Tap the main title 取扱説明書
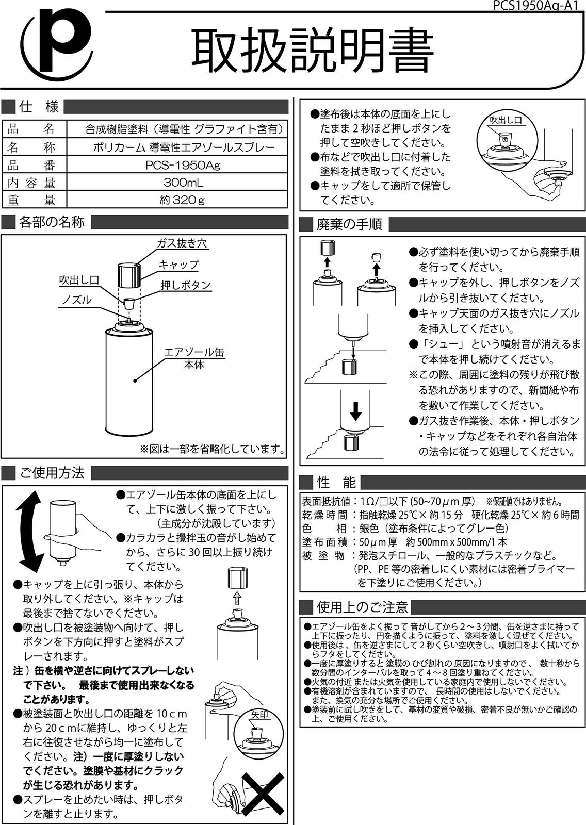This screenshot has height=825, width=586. coord(312,52)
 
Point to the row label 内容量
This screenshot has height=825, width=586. coord(31,183)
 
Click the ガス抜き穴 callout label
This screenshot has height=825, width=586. coord(183,243)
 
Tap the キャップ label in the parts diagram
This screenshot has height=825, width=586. coord(178,265)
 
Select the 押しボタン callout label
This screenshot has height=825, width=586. coord(186,285)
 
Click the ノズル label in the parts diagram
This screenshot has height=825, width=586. coord(77,300)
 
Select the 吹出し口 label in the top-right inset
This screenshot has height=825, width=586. coord(506,120)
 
